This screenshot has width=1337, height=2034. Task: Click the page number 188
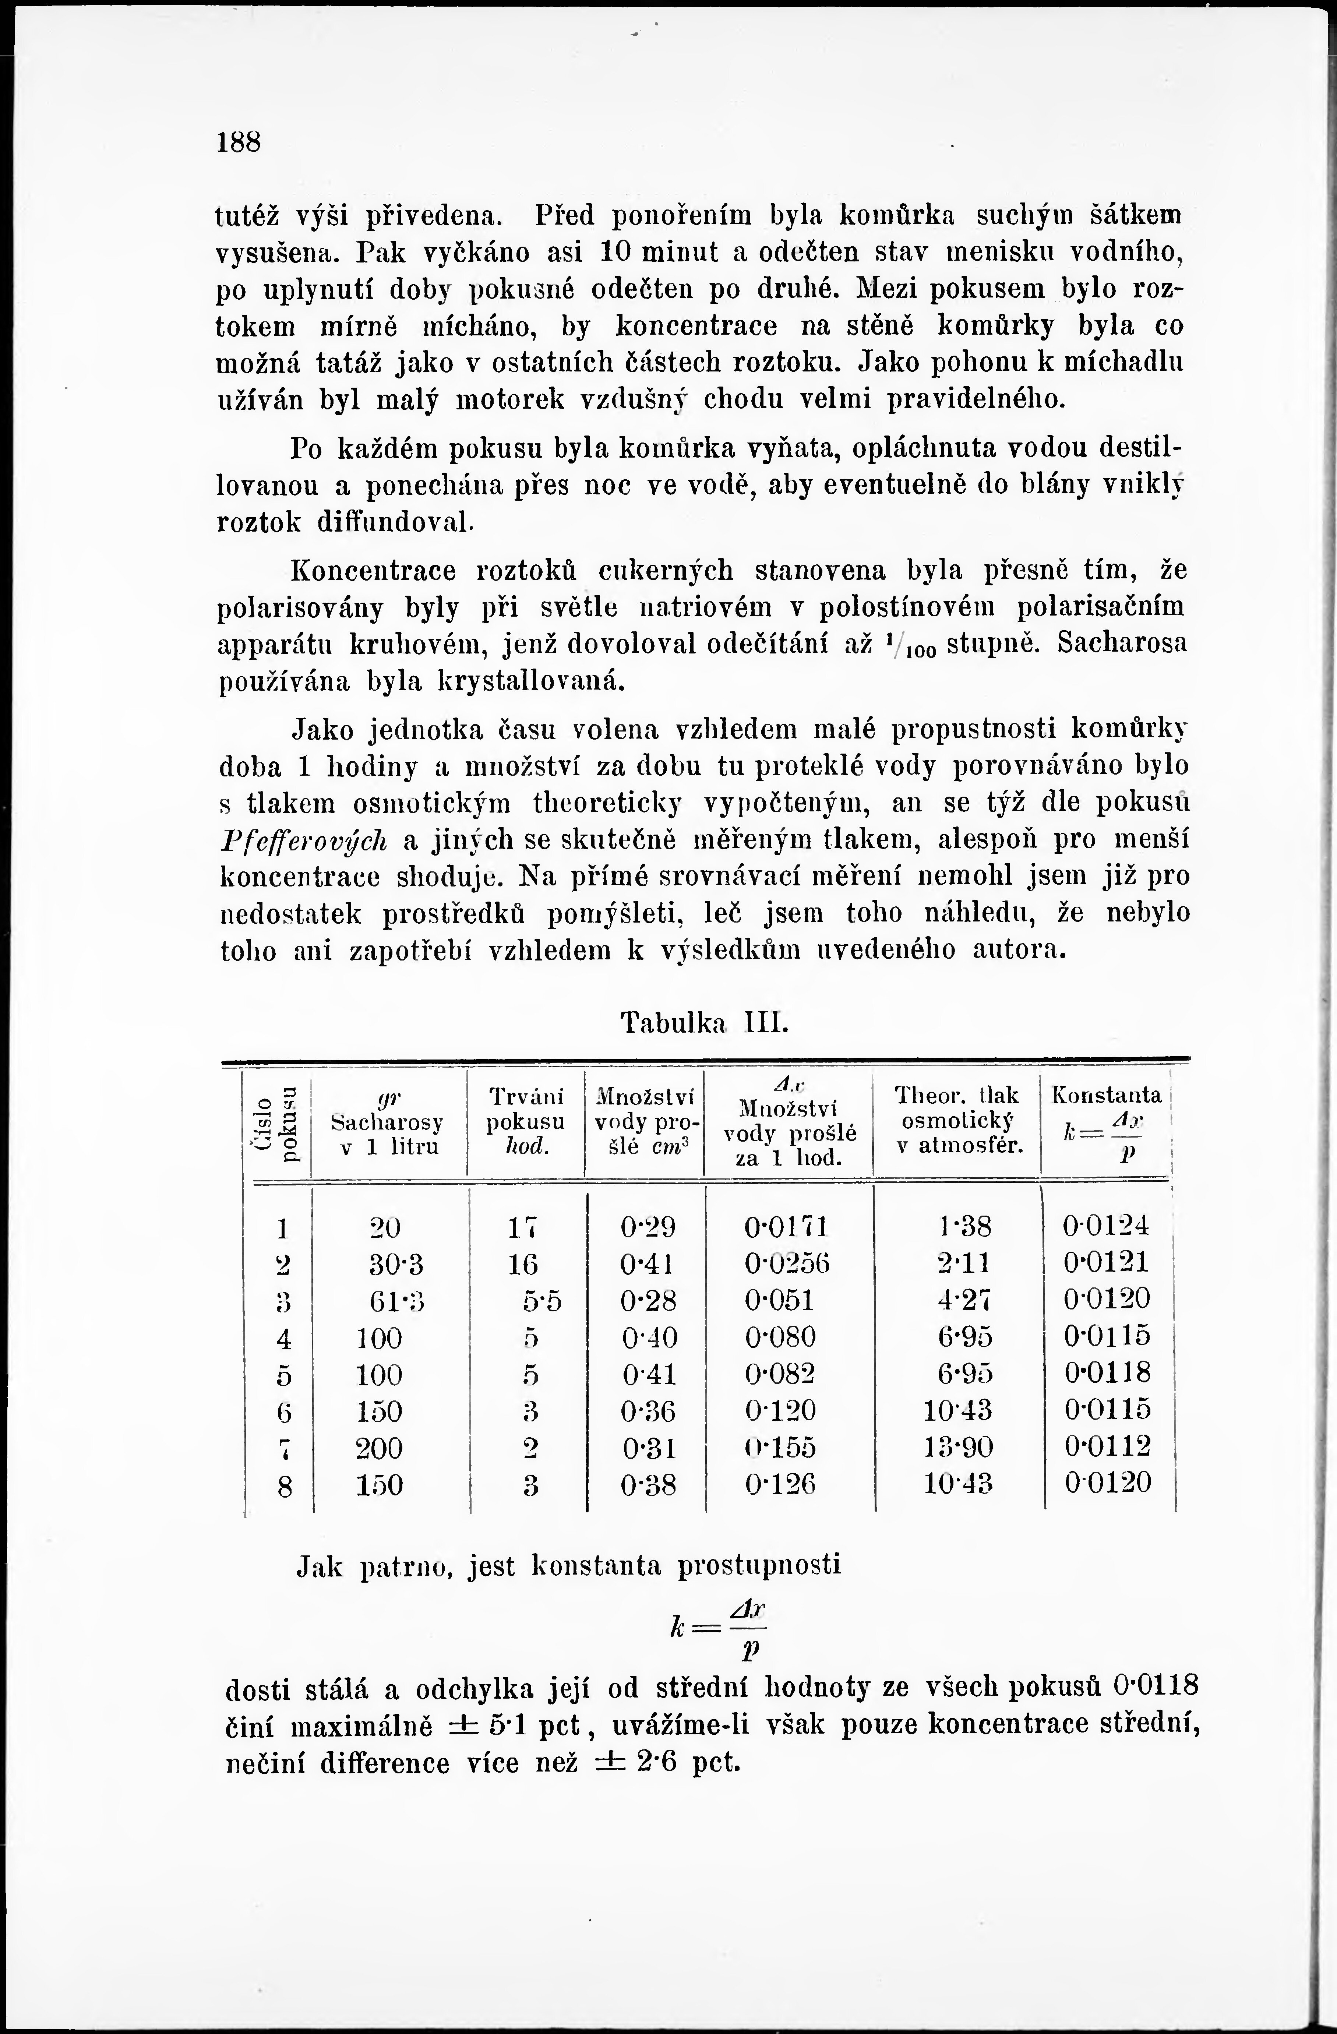[238, 142]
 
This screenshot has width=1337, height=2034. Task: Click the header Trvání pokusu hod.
[525, 1120]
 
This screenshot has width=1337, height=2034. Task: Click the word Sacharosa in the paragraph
[1122, 643]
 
